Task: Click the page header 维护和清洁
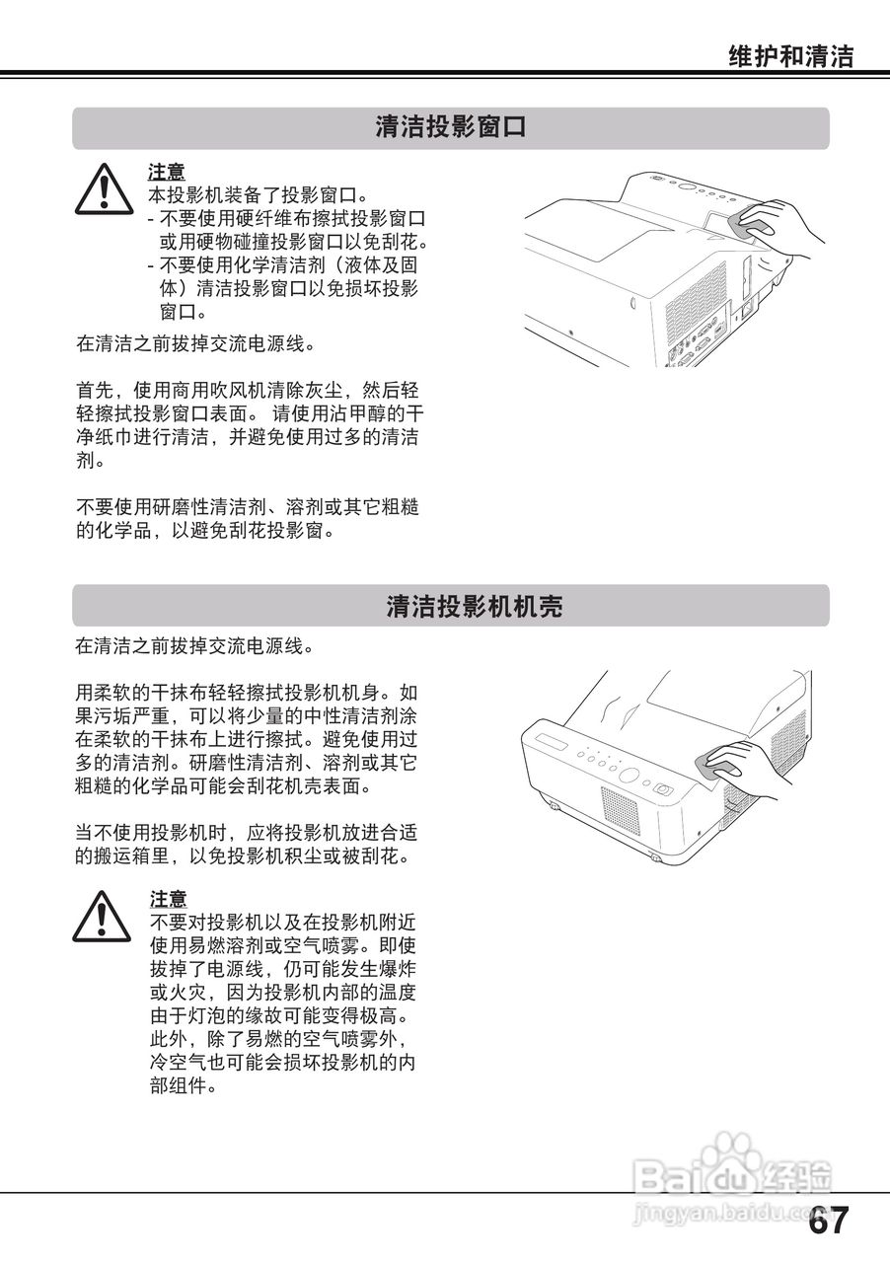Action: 790,56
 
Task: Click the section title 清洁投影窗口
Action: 450,128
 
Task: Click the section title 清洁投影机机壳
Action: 474,606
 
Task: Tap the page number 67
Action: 828,1222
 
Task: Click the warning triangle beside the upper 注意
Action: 103,188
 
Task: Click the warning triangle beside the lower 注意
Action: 103,915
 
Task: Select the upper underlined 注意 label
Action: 167,172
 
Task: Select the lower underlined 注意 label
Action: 168,899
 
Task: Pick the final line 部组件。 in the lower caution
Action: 182,1086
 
